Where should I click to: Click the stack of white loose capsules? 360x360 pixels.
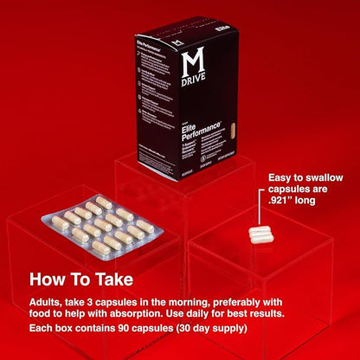[x=261, y=234]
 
